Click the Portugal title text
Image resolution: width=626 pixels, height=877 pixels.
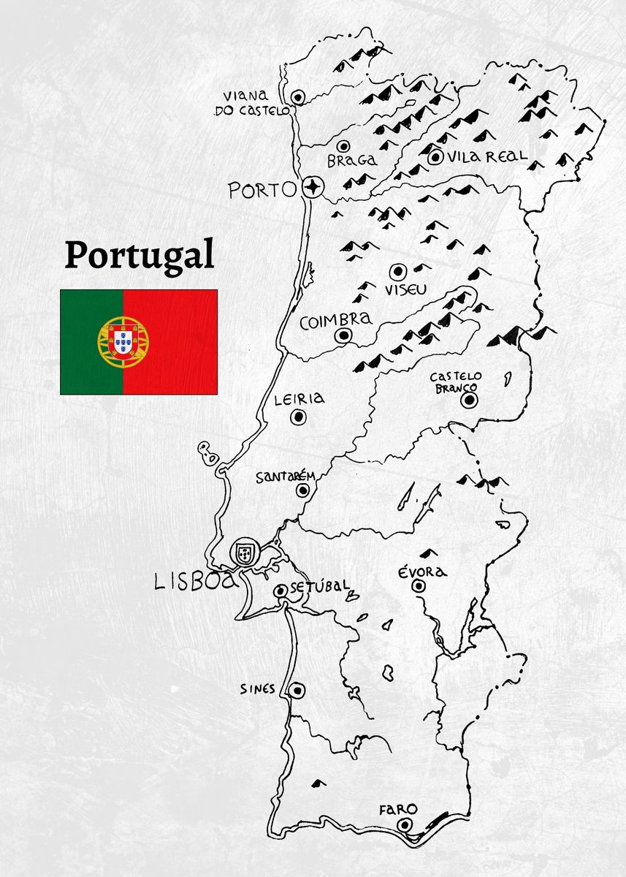[x=139, y=255]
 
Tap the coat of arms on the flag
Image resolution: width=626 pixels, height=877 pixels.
[x=123, y=341]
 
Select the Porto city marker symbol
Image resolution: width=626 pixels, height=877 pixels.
[x=314, y=188]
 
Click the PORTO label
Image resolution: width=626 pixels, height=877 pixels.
[x=262, y=190]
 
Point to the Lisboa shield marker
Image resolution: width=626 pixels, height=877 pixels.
[x=244, y=553]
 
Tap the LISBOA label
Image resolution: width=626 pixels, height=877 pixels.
[x=196, y=581]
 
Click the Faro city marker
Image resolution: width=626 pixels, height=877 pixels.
[x=405, y=825]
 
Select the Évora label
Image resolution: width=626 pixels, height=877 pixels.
[x=422, y=572]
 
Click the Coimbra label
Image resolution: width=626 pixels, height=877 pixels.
[x=335, y=320]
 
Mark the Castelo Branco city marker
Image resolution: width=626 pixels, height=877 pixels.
[x=469, y=400]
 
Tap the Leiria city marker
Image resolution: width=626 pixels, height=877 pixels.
[x=298, y=417]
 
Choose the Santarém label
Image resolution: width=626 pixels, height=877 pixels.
[x=285, y=477]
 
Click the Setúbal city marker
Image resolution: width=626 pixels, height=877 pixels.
[x=280, y=591]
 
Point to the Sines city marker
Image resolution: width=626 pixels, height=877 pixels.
[x=296, y=690]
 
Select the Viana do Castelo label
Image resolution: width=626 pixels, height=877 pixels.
[x=251, y=104]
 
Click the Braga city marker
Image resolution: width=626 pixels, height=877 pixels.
[x=342, y=146]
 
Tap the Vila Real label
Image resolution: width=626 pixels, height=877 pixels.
[x=488, y=156]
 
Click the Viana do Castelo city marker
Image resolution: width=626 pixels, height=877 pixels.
[x=298, y=97]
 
